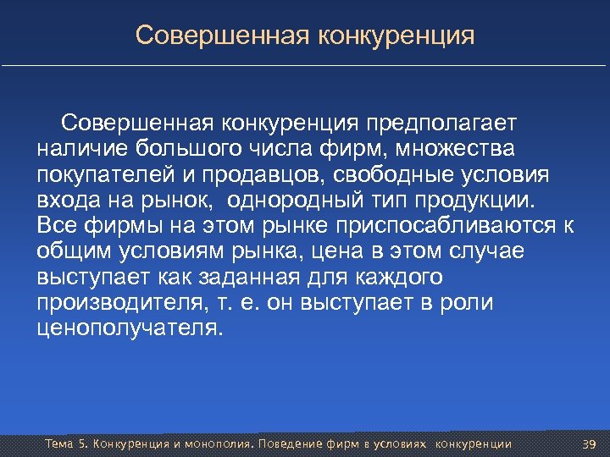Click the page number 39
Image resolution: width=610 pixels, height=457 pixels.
tap(590, 444)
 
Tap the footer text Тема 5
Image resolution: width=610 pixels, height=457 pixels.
tap(64, 444)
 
